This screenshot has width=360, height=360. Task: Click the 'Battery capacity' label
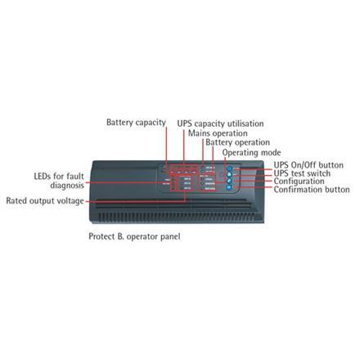point(136,123)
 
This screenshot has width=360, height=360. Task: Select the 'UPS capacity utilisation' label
point(220,124)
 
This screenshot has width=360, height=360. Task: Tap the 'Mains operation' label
point(218,133)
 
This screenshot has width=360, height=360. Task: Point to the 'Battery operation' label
point(237,142)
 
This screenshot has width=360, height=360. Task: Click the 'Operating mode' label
point(251,153)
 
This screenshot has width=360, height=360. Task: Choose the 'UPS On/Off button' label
point(308,165)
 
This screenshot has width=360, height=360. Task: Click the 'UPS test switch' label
point(302,173)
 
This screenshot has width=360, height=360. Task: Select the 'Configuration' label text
point(299,182)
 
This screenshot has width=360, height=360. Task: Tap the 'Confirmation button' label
point(312,190)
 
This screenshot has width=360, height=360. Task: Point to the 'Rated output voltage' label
point(45,201)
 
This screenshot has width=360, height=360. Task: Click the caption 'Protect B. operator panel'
point(134,236)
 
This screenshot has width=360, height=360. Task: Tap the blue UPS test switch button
point(229,175)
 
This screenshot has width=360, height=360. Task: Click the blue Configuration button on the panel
point(229,181)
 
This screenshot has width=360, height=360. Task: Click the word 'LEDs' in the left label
point(43,177)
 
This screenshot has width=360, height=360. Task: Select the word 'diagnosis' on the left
point(67,186)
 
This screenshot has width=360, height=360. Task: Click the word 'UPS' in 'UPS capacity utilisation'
point(185,124)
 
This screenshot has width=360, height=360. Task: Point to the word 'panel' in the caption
point(170,236)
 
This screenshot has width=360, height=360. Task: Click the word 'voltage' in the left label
point(69,201)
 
